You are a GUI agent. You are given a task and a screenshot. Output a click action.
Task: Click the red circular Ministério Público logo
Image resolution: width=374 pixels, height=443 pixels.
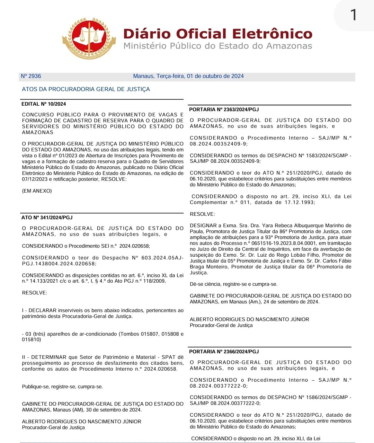(89, 38)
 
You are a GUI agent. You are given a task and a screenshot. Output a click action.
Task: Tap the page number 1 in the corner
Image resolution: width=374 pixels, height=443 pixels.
(353, 15)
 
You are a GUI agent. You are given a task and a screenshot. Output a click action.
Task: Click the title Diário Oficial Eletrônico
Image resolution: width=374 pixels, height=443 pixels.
(218, 34)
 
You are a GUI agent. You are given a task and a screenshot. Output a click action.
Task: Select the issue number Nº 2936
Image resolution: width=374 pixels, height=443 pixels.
(31, 76)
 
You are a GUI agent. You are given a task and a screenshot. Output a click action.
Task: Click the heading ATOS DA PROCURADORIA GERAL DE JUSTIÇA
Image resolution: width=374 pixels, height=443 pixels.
(86, 89)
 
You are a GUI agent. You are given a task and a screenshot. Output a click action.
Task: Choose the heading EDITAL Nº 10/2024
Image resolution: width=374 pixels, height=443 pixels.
(44, 104)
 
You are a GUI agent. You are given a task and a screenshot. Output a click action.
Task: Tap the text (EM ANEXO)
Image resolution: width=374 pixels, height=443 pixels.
(37, 191)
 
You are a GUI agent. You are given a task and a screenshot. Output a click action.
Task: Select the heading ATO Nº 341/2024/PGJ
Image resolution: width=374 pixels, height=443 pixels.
(47, 218)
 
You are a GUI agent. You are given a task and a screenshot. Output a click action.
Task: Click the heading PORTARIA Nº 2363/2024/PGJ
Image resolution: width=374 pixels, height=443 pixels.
(224, 109)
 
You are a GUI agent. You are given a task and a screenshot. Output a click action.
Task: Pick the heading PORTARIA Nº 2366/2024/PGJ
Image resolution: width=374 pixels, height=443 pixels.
(224, 352)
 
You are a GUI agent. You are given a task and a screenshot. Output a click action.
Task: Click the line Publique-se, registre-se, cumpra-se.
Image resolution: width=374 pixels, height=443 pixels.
(62, 387)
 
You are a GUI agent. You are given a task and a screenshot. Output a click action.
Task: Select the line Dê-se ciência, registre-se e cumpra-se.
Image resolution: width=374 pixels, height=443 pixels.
(233, 284)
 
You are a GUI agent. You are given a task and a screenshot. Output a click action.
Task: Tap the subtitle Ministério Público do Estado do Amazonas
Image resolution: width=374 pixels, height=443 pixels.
(218, 46)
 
